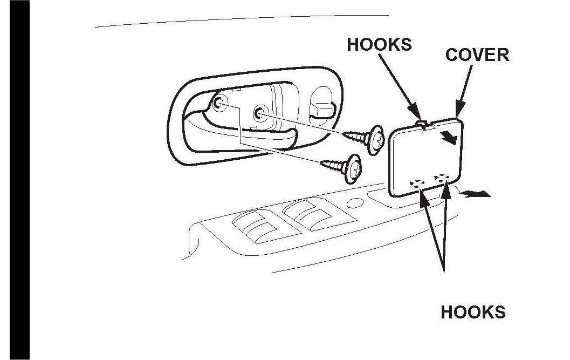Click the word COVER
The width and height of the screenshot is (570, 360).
[x=477, y=55]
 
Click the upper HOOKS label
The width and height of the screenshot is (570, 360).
[x=379, y=44]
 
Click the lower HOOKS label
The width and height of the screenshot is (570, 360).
[x=473, y=312]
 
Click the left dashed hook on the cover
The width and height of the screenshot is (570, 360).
[x=416, y=183]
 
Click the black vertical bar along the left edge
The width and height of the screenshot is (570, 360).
[x=15, y=180]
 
